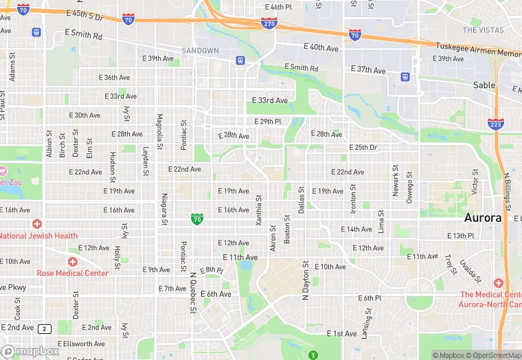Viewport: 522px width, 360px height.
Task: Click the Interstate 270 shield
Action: pyautogui.click(x=269, y=24)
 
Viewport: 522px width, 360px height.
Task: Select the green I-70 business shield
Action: pyautogui.click(x=197, y=219)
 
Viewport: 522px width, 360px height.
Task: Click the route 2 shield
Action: pyautogui.click(x=45, y=328)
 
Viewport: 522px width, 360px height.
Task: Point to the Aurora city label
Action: pyautogui.click(x=484, y=218)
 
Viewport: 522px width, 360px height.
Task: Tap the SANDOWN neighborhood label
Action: pyautogui.click(x=200, y=50)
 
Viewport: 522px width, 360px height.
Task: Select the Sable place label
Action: pyautogui.click(x=484, y=85)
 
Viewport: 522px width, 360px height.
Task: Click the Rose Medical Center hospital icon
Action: pyautogui.click(x=72, y=262)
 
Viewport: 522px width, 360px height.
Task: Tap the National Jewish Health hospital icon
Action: pyautogui.click(x=36, y=225)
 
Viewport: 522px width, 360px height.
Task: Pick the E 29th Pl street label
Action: pyautogui.click(x=268, y=122)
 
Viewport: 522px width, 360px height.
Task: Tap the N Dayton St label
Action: pyautogui.click(x=306, y=282)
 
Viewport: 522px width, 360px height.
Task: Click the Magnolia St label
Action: pyautogui.click(x=160, y=131)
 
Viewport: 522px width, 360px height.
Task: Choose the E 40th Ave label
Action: pyautogui.click(x=321, y=47)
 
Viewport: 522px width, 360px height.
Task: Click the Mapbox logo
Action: pyautogui.click(x=30, y=351)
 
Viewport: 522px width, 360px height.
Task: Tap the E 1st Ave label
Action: pyautogui.click(x=341, y=334)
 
